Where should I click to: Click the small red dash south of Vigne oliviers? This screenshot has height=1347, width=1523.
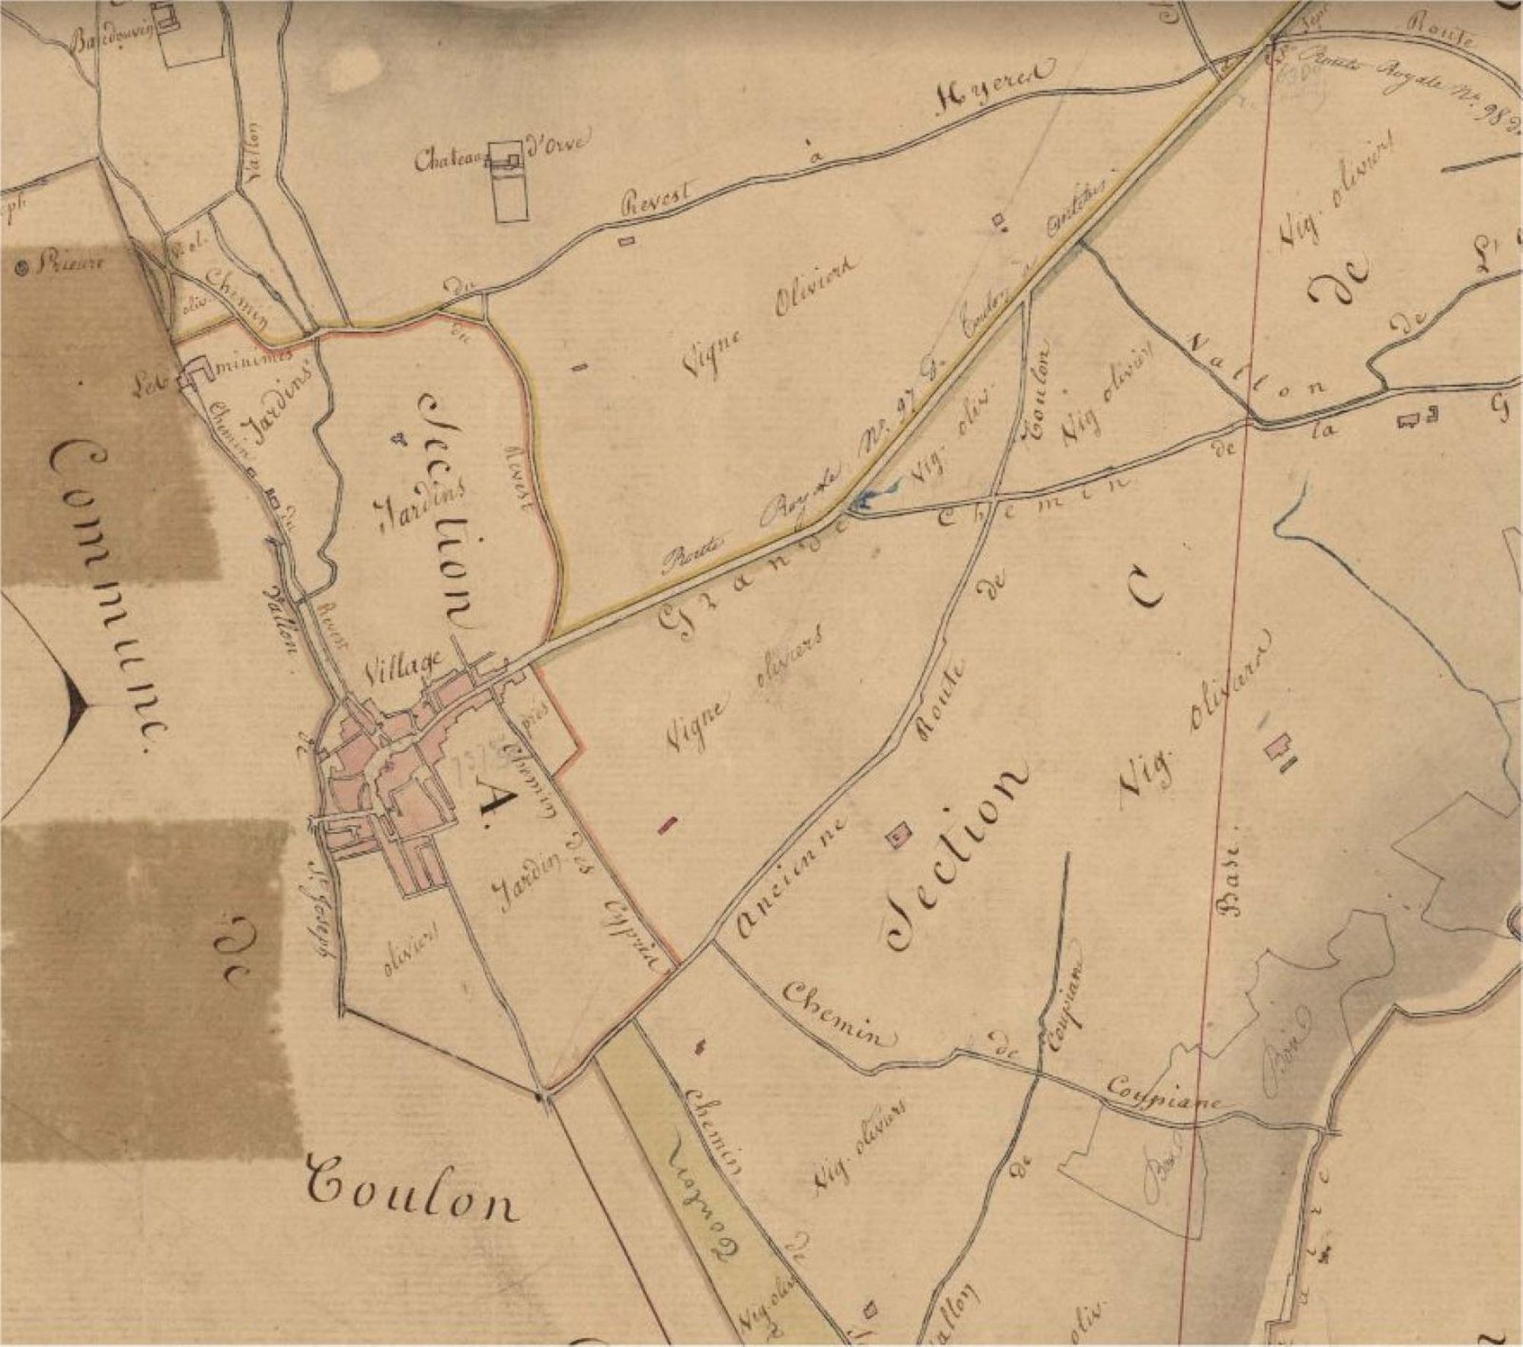[x=668, y=823]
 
